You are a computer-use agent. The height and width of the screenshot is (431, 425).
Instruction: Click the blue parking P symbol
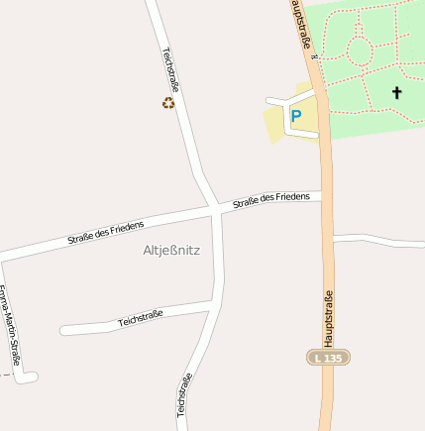pos(295,116)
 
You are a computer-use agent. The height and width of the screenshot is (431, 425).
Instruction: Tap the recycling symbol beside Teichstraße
pos(168,102)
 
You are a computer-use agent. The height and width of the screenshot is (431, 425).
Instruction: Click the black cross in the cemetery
pos(397,92)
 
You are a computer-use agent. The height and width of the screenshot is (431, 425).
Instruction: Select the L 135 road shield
pos(328,357)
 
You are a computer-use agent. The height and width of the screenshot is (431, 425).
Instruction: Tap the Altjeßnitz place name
pos(171,251)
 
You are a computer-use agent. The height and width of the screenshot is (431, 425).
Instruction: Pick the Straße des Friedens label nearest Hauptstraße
pos(270,201)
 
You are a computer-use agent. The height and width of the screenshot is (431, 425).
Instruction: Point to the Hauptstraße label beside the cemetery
pos(304,25)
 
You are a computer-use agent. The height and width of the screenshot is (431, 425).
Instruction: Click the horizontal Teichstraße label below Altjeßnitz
pos(141,318)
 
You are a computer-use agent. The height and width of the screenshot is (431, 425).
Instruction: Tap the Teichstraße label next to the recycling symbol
pos(170,69)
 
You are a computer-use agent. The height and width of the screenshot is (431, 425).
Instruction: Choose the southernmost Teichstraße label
pos(184,393)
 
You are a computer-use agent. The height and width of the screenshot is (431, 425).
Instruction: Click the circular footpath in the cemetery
pos(359,51)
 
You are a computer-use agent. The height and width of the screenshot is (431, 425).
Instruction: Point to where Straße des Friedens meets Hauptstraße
pos(323,195)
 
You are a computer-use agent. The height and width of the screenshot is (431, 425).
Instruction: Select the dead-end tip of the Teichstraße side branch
pos(64,330)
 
